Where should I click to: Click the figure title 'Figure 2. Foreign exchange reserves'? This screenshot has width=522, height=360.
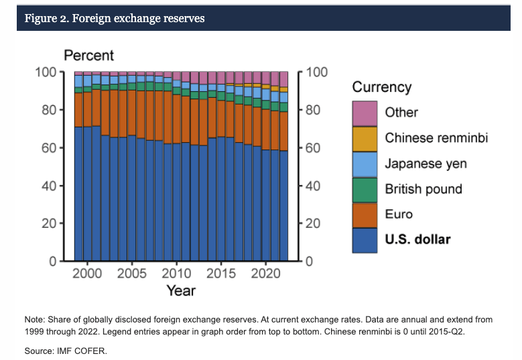click(115, 18)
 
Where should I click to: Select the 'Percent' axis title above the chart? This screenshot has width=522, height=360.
click(88, 56)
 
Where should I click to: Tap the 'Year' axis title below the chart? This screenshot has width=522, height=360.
click(181, 290)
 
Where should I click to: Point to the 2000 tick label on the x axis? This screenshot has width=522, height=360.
click(87, 274)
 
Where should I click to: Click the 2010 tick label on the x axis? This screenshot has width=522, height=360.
click(177, 274)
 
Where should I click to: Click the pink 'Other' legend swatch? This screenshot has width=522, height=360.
click(365, 113)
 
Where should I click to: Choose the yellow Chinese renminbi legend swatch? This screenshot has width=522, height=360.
click(365, 138)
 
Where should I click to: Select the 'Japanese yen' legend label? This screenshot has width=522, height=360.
click(426, 163)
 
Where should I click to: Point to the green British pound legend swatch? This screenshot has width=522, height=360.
click(365, 189)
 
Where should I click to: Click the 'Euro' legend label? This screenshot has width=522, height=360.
click(399, 215)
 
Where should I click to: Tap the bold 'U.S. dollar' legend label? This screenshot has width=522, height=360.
click(417, 240)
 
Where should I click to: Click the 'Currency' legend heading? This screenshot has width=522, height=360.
click(381, 87)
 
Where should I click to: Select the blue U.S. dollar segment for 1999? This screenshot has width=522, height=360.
click(78, 194)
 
